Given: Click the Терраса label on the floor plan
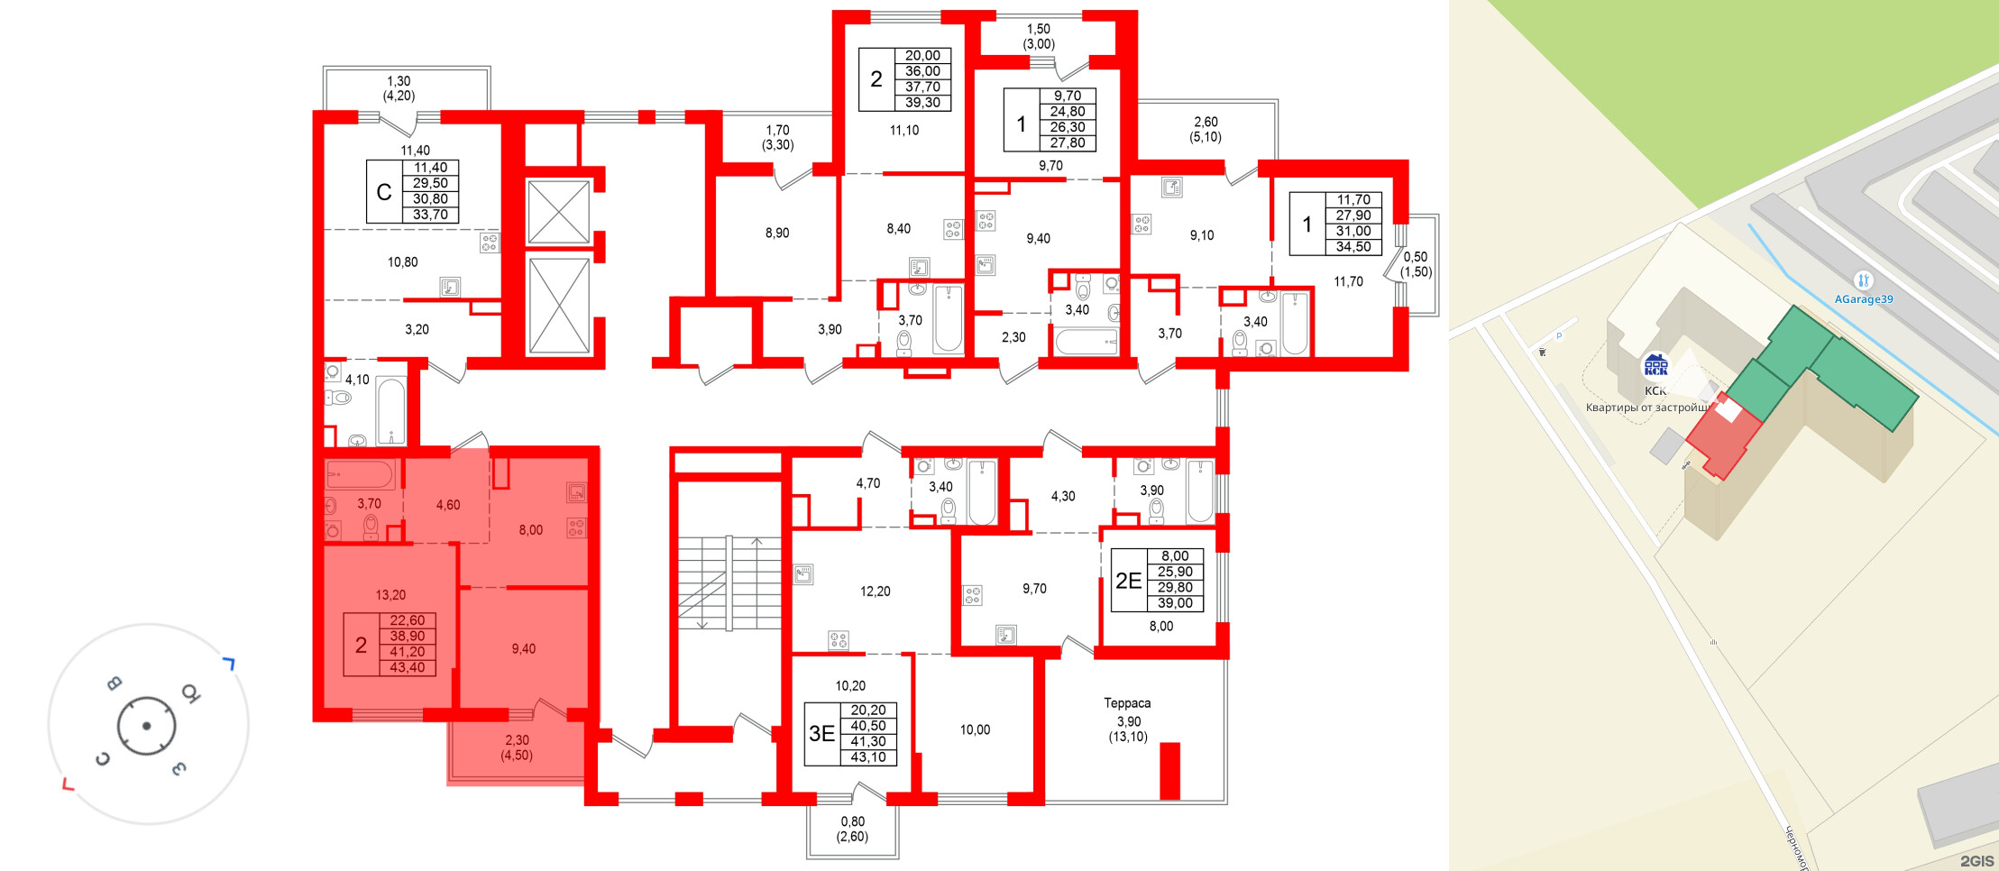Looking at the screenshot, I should pyautogui.click(x=1127, y=703).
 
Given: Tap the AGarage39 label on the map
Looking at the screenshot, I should pyautogui.click(x=1863, y=299).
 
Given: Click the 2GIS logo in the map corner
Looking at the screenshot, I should pyautogui.click(x=1976, y=861).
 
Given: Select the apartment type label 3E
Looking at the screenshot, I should pyautogui.click(x=821, y=734).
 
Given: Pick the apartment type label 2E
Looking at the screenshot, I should pyautogui.click(x=1128, y=581).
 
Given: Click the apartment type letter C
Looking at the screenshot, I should pyautogui.click(x=384, y=192).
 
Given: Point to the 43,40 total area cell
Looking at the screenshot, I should pyautogui.click(x=407, y=668).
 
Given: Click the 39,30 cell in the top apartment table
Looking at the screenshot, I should pyautogui.click(x=922, y=103).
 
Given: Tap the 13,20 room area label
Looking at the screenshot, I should pyautogui.click(x=390, y=595).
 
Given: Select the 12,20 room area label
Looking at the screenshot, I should pyautogui.click(x=875, y=591).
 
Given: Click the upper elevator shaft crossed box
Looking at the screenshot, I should pyautogui.click(x=558, y=212).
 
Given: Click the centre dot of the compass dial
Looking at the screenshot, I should pyautogui.click(x=146, y=726).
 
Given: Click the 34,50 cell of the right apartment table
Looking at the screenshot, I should pyautogui.click(x=1353, y=247).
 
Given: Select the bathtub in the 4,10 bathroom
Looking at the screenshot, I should pyautogui.click(x=391, y=411).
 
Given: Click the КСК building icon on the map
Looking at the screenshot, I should pyautogui.click(x=1655, y=365).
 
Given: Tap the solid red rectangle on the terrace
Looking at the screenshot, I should pyautogui.click(x=1169, y=770).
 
